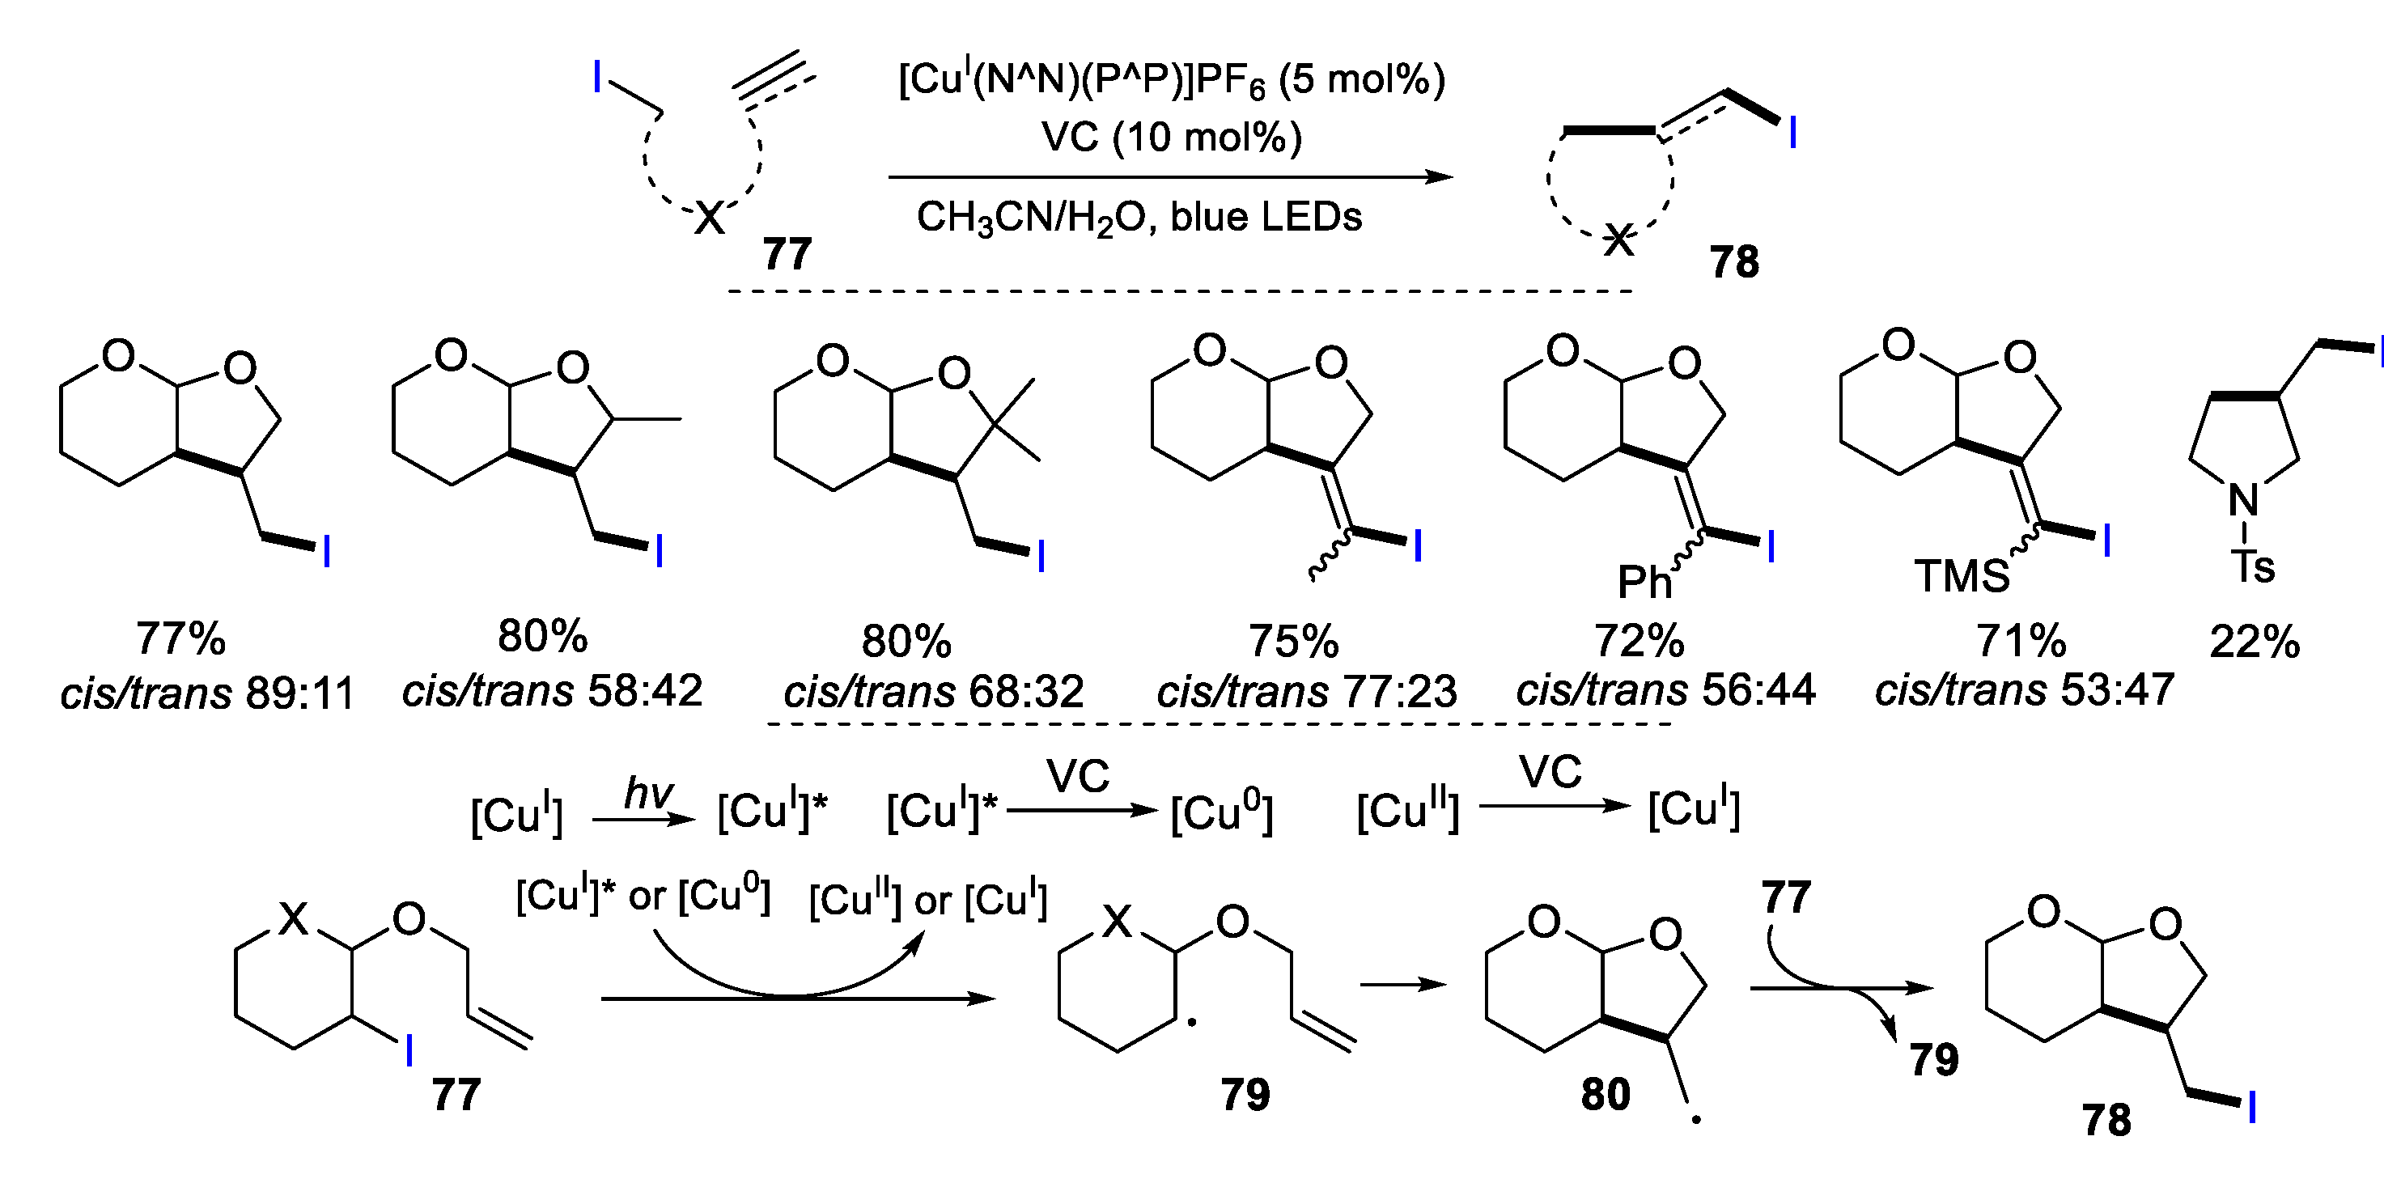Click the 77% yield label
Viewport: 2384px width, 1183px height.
[x=180, y=638]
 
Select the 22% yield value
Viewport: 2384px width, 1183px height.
[x=2255, y=642]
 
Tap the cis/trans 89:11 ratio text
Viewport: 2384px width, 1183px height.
[x=207, y=693]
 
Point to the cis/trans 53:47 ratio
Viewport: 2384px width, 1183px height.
[x=2024, y=689]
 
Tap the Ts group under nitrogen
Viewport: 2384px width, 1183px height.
[x=2253, y=566]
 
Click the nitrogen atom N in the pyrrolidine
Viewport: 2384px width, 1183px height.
[x=2243, y=501]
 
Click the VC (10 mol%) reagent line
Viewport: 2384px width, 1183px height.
[x=1171, y=137]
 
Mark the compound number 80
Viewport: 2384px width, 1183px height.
[x=1605, y=1094]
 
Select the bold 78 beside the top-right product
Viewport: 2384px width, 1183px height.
[x=1733, y=262]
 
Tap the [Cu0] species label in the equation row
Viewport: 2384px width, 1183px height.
[x=1220, y=812]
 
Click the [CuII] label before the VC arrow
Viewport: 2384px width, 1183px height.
[x=1407, y=811]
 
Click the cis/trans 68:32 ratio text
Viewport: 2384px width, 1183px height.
[x=933, y=692]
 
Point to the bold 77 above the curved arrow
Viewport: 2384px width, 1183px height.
[x=1785, y=897]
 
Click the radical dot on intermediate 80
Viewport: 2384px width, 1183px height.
[x=1696, y=1120]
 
